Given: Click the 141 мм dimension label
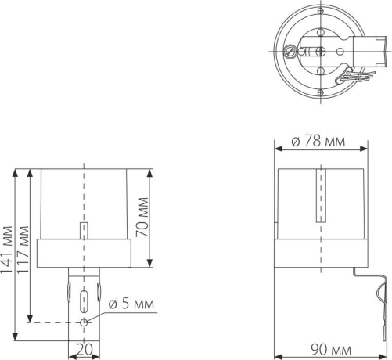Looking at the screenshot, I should [x=8, y=248].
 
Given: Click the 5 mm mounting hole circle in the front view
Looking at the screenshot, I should [x=85, y=322].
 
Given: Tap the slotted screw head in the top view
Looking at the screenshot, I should [x=292, y=52].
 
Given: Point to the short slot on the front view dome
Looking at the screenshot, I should [x=84, y=232].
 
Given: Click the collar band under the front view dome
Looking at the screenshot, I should [x=84, y=252].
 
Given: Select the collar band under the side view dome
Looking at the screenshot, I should [x=322, y=253].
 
